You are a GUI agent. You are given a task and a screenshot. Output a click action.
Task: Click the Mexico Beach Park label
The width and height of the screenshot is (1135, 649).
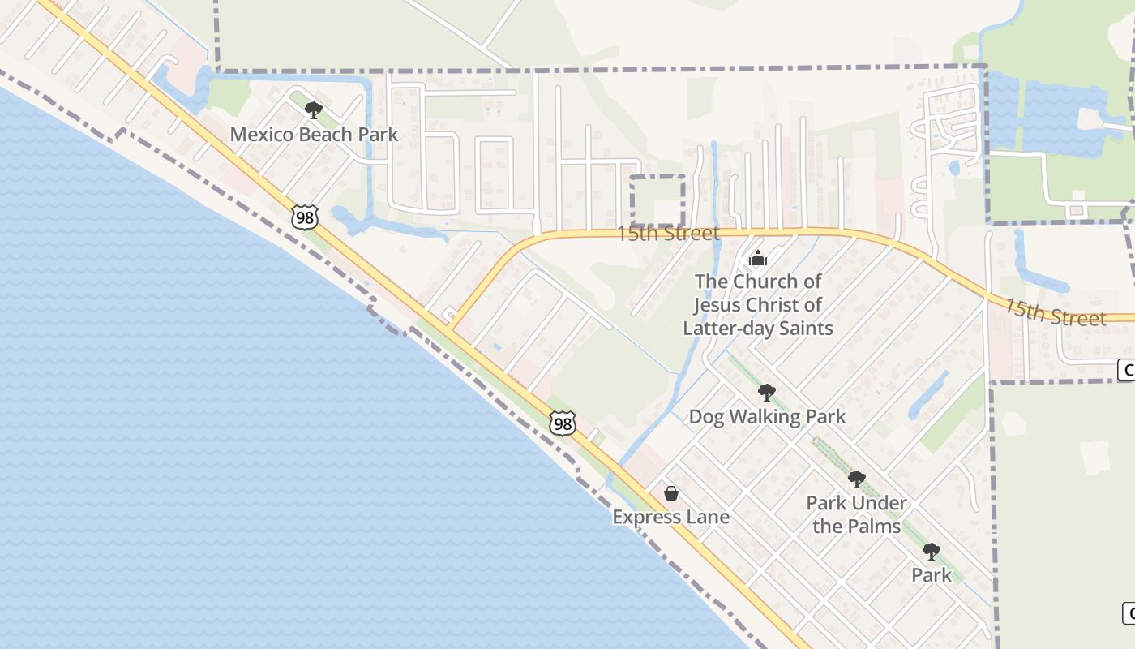click(x=314, y=134)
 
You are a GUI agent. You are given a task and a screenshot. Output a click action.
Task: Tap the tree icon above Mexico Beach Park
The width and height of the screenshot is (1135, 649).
click(x=314, y=110)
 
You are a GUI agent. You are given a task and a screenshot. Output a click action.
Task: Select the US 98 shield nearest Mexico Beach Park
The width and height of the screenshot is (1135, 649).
click(x=305, y=217)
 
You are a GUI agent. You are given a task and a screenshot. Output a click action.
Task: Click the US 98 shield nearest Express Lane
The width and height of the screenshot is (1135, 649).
click(x=563, y=423)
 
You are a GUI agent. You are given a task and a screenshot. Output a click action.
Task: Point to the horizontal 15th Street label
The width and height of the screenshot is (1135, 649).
click(x=668, y=234)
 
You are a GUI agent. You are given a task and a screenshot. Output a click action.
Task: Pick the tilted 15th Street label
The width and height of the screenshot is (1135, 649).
click(x=1056, y=312)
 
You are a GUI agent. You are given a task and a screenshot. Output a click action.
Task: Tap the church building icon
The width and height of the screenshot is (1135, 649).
click(x=758, y=259)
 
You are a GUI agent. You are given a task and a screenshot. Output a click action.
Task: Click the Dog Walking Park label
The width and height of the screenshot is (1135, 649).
click(x=767, y=417)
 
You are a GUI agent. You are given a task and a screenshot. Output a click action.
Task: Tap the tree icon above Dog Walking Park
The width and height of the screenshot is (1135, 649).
click(x=766, y=393)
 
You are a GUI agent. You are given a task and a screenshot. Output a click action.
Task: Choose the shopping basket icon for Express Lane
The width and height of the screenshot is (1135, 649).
click(x=671, y=492)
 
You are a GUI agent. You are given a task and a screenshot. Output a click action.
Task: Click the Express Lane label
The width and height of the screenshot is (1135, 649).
click(x=670, y=517)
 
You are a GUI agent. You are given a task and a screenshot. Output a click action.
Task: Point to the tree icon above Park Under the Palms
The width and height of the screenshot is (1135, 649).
click(x=856, y=479)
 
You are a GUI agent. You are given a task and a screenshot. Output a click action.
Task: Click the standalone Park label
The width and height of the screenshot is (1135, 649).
click(x=932, y=575)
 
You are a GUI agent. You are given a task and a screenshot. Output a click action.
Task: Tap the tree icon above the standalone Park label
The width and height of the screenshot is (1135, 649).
click(x=932, y=552)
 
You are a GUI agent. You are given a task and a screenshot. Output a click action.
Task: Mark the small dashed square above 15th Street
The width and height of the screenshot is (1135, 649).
click(x=657, y=200)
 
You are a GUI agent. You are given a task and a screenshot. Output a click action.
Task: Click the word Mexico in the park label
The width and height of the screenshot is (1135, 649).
click(x=261, y=134)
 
